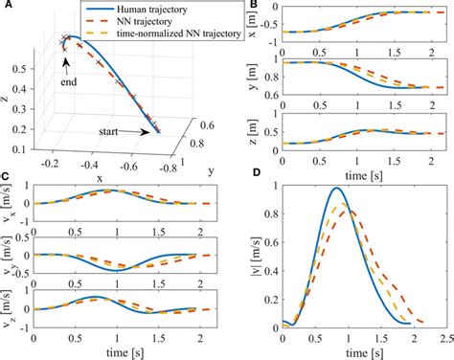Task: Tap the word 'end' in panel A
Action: click(65, 82)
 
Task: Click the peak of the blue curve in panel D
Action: click(336, 188)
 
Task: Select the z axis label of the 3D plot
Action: click(9, 96)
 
